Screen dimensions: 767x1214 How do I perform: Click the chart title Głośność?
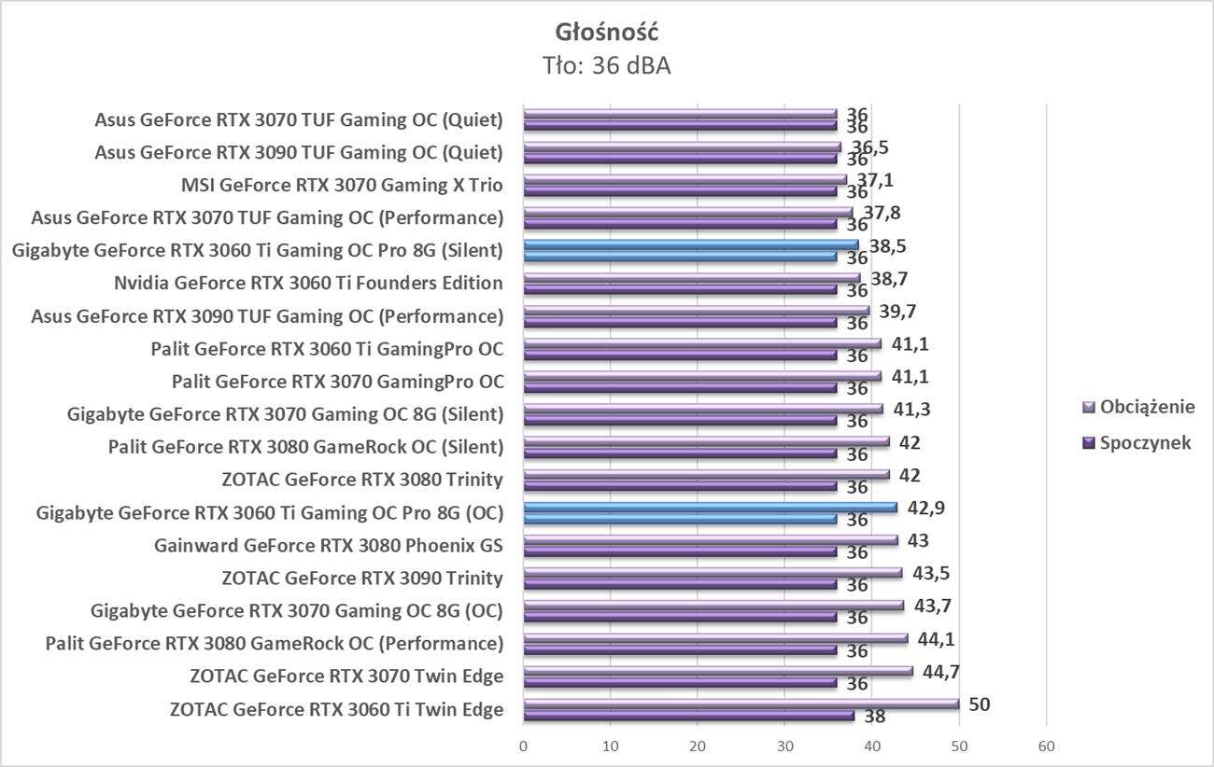[x=606, y=32]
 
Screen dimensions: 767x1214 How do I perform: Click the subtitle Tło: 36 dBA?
[x=606, y=65]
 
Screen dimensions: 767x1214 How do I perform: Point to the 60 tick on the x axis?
[x=1046, y=746]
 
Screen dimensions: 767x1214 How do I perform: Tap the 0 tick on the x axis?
[x=523, y=746]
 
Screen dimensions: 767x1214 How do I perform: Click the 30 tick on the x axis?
[x=784, y=746]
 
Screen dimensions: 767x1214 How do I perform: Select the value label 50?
[x=979, y=704]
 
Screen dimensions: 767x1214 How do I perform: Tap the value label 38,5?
[x=887, y=246]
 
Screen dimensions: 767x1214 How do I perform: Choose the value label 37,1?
[x=876, y=180]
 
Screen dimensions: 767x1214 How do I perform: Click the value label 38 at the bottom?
[x=874, y=718]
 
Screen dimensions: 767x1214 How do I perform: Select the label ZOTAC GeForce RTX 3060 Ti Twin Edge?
[x=336, y=709]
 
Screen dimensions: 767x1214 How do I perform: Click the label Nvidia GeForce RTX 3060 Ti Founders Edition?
[x=308, y=283]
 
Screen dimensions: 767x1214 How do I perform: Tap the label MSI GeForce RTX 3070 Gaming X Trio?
[x=342, y=185]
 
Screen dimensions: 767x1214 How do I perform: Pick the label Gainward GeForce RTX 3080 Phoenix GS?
[x=329, y=545]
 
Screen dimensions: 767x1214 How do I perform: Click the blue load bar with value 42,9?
[x=710, y=508]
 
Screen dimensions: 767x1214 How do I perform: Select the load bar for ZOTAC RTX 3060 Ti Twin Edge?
[x=741, y=704]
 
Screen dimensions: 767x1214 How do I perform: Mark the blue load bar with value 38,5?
[x=690, y=245]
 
